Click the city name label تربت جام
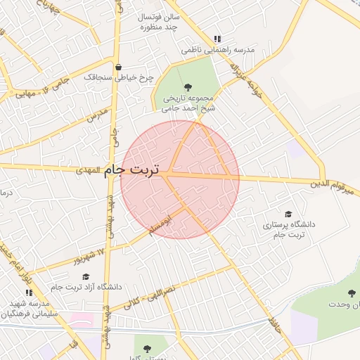131,170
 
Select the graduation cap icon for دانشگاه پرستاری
288,213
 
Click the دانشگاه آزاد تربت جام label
86,287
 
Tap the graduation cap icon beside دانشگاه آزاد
86,276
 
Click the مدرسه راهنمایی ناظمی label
217,50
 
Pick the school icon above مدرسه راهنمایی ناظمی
217,39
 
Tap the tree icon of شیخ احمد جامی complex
186,86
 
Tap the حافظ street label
274,326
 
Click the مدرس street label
98,117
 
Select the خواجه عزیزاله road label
247,82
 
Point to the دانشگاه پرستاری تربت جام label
289,229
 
